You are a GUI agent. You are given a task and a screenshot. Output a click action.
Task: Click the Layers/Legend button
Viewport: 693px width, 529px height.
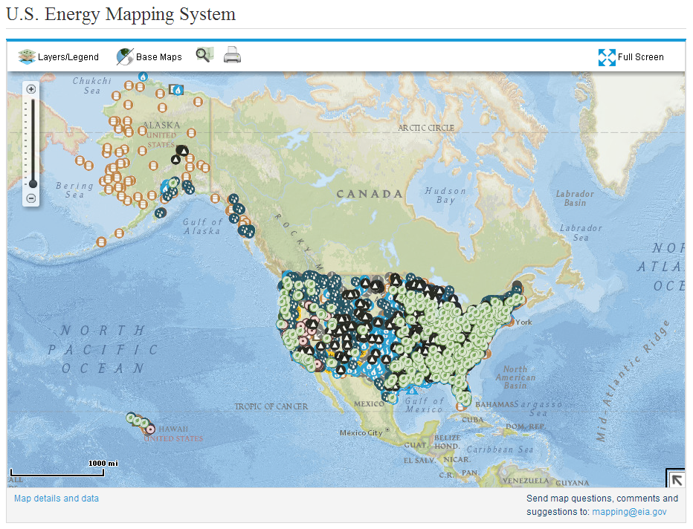pos(59,56)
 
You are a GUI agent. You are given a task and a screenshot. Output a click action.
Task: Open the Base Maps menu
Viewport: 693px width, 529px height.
pos(149,56)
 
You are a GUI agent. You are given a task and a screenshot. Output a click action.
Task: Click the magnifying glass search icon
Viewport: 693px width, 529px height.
pos(204,55)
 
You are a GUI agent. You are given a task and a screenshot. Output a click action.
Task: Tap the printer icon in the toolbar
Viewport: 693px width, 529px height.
pos(233,56)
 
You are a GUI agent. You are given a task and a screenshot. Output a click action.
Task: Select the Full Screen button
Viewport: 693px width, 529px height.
pos(631,56)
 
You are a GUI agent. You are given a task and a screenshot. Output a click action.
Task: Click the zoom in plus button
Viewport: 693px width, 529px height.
pos(31,89)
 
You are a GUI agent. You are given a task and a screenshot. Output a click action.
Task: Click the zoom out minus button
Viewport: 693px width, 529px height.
pos(31,198)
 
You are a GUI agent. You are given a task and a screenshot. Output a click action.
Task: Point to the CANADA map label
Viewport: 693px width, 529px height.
pos(370,194)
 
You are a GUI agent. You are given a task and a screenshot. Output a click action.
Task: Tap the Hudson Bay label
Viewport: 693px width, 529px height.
pos(445,195)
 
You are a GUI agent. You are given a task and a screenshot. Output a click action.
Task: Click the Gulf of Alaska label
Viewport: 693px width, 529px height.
pos(203,226)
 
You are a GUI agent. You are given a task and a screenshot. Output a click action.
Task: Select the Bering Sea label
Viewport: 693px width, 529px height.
pos(74,190)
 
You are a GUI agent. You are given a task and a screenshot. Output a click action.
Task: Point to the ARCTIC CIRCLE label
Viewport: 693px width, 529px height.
pos(426,128)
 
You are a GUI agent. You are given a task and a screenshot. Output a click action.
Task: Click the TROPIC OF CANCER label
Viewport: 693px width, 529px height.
pos(271,406)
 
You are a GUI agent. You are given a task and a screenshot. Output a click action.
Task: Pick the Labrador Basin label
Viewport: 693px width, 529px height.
pos(575,198)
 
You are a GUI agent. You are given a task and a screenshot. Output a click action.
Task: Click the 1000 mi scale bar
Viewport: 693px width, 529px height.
pos(57,471)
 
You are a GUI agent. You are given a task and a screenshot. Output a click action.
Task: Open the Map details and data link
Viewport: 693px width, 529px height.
pos(57,499)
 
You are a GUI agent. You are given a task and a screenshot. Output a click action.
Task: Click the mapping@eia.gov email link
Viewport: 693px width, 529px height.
pos(629,511)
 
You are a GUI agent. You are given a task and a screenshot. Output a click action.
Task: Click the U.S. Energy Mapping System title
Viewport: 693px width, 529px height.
pos(121,14)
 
